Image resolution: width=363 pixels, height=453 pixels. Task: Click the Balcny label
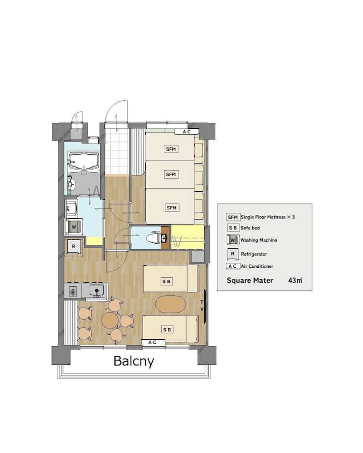click(134, 361)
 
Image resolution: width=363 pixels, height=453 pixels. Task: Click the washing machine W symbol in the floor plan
click(74, 227)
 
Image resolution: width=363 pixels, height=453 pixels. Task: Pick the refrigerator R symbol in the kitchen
click(73, 247)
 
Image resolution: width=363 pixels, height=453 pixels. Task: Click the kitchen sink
click(97, 289)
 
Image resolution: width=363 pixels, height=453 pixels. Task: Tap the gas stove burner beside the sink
click(73, 290)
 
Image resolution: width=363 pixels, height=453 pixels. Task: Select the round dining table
click(110, 319)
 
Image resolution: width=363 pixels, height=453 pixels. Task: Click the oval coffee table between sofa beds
click(170, 304)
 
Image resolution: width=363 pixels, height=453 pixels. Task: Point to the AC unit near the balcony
click(153, 342)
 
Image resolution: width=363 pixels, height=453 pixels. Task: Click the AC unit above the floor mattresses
click(187, 132)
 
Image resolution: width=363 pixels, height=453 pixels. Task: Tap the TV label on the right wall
click(202, 306)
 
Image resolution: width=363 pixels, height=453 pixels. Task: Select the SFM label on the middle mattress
click(171, 174)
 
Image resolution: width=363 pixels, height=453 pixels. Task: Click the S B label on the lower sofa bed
click(167, 330)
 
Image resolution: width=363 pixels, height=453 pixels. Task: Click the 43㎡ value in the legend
click(295, 280)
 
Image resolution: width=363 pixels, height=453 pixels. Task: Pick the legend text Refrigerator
click(254, 254)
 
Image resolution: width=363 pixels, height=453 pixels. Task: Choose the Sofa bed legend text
click(250, 228)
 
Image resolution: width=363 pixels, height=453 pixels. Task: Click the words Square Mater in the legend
click(250, 280)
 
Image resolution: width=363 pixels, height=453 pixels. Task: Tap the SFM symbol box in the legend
click(233, 217)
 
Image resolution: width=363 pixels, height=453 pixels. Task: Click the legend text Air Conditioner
click(257, 266)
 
